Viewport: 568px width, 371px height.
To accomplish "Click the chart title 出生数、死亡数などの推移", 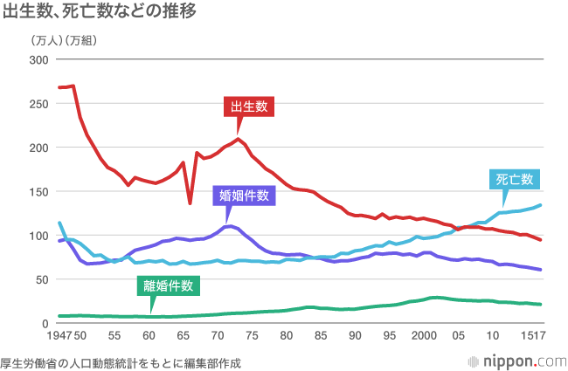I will tap(99, 12).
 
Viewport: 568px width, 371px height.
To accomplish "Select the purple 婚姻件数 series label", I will tap(245, 196).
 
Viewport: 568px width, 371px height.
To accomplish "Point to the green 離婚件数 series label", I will tap(170, 285).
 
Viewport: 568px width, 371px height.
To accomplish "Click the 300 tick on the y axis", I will tap(38, 59).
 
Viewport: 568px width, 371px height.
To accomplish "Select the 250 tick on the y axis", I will tap(38, 104).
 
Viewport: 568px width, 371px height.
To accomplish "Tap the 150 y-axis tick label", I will tap(38, 192).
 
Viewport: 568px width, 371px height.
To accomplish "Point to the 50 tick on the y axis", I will tap(41, 279).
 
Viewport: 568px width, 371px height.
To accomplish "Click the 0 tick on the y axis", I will tap(45, 324).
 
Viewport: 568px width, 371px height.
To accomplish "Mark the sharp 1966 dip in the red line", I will tap(190, 203).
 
